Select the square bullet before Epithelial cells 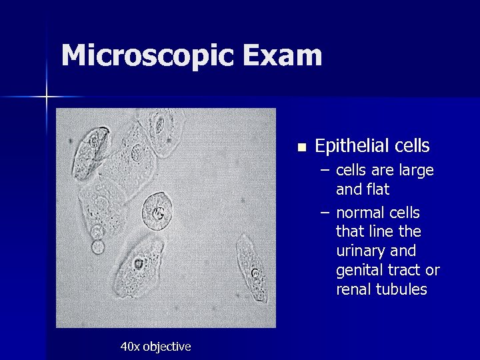point(301,147)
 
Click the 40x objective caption point(155,347)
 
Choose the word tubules point(403,290)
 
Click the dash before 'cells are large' point(324,171)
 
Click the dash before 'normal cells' point(324,213)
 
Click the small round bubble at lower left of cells point(98,247)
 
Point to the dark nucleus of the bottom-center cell point(138,263)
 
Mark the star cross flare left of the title point(47,97)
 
